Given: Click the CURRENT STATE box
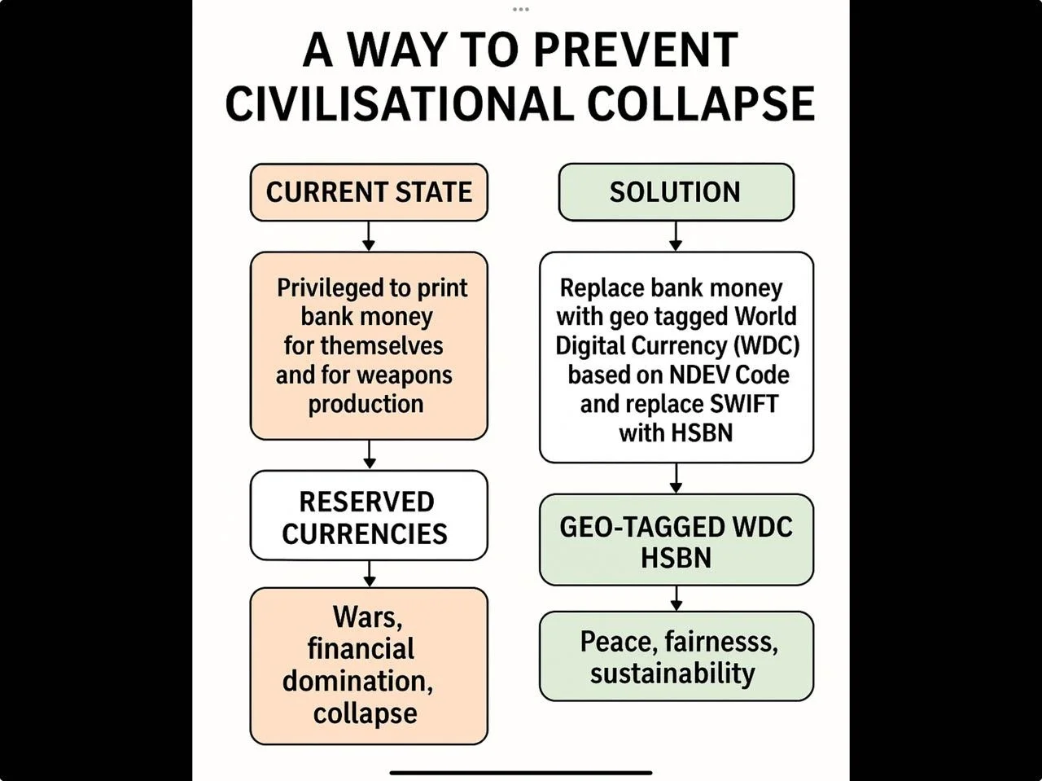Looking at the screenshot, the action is click(x=369, y=192).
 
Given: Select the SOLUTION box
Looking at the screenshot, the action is click(x=676, y=192).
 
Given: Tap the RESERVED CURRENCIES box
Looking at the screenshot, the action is click(x=369, y=516).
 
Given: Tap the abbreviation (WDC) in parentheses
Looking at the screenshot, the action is click(x=766, y=345).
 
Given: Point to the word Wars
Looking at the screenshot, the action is click(x=368, y=617).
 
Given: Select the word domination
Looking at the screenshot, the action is click(x=357, y=681).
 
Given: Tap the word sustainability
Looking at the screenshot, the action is click(x=672, y=674).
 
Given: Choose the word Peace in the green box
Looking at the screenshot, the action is click(x=618, y=642).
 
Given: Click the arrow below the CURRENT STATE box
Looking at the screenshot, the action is click(x=369, y=236).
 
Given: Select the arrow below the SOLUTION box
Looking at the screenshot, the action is click(x=676, y=236).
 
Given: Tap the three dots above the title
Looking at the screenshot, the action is click(x=521, y=9).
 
